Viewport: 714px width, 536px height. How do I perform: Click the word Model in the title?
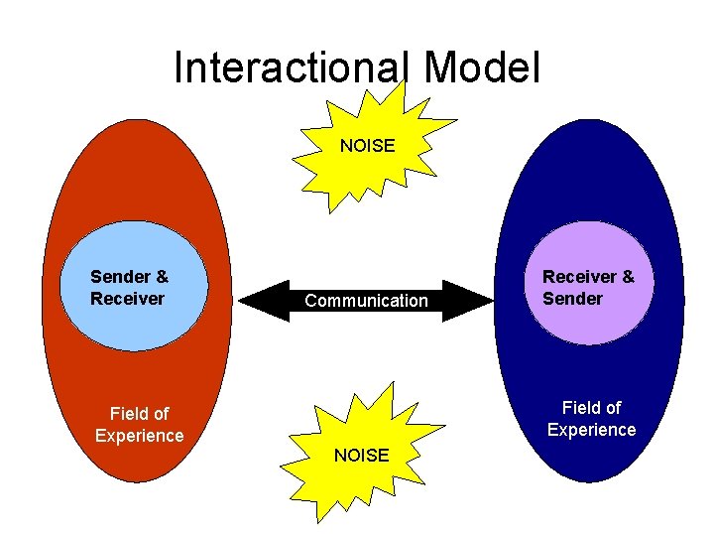481,68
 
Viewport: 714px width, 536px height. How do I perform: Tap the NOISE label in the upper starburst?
367,146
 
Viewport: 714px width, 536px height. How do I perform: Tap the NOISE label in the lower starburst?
362,456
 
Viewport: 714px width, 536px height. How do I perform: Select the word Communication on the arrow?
366,301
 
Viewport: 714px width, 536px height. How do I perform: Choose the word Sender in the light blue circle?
121,277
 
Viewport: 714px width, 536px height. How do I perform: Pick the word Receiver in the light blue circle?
127,299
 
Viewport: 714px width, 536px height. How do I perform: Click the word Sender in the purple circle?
572,299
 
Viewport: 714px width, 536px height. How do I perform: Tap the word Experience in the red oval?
139,436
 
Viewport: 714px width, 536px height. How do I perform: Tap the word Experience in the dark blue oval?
591,430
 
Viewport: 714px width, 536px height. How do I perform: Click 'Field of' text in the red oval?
139,414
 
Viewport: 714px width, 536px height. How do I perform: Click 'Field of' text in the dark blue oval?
591,407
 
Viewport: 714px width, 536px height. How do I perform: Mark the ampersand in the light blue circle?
162,277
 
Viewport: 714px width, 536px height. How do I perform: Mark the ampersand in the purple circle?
628,277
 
